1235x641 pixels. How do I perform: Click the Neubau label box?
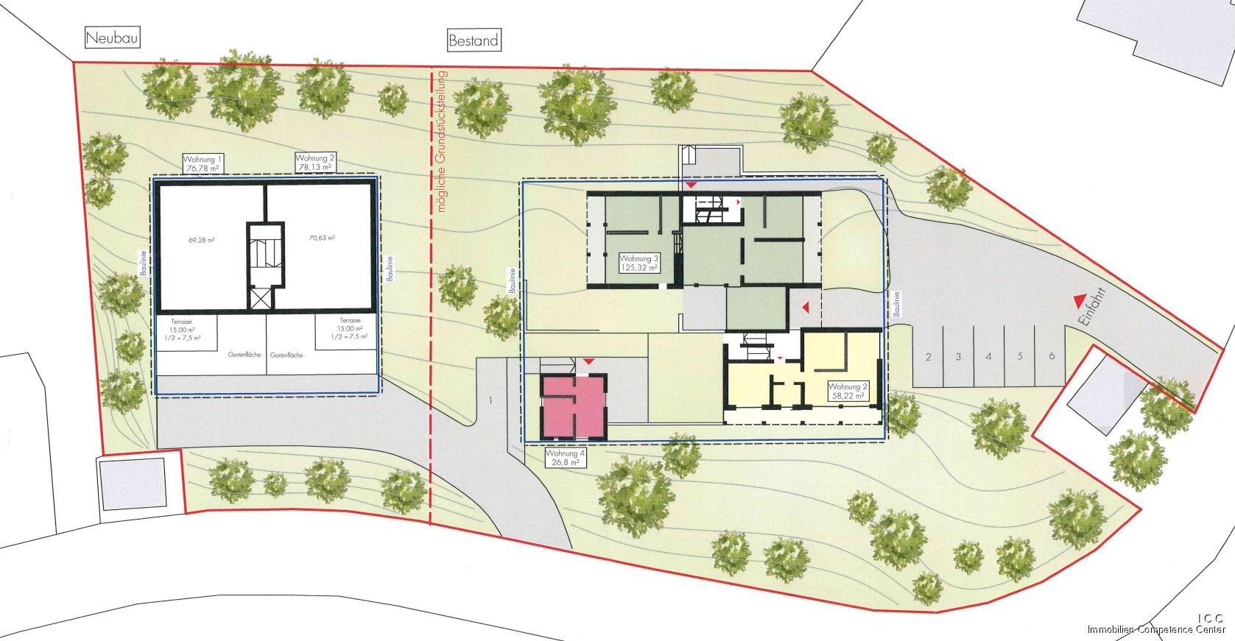[113, 38]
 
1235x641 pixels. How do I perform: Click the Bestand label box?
[473, 40]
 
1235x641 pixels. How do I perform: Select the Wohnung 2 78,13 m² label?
[314, 163]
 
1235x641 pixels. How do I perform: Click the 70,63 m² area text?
[321, 238]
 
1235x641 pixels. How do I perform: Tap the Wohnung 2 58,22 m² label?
[845, 391]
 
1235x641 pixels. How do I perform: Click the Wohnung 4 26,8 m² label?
[566, 458]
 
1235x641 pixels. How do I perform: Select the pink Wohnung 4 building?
[574, 408]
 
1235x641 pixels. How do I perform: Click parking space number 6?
[1052, 356]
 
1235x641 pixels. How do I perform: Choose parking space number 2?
[929, 358]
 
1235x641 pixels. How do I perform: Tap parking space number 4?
[988, 357]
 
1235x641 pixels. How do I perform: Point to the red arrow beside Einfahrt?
[1079, 300]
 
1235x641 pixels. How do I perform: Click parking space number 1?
[489, 401]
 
